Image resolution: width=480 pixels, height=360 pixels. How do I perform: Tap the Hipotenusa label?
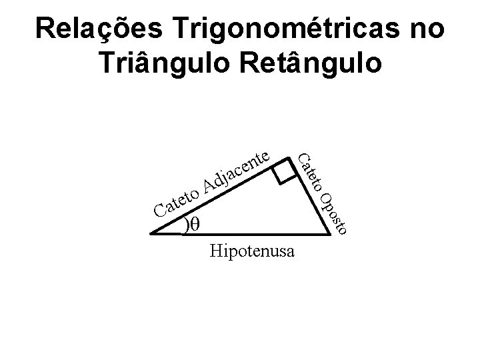[x=254, y=252]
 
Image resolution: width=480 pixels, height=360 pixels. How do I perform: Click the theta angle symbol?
[x=195, y=225]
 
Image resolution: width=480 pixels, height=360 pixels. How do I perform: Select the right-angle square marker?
[x=285, y=171]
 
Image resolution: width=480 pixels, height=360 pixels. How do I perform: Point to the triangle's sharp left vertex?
[x=151, y=234]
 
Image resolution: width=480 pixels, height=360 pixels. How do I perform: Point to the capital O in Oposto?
[x=325, y=199]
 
